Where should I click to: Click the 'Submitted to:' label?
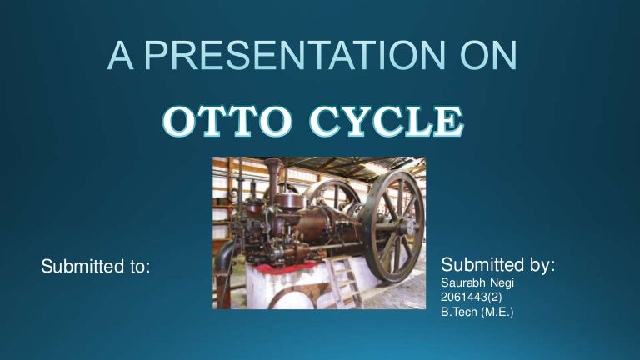pyautogui.click(x=96, y=267)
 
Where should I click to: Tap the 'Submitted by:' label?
pyautogui.click(x=497, y=265)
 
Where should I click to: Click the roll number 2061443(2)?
pyautogui.click(x=472, y=299)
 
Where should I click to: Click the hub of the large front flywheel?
pyautogui.click(x=389, y=224)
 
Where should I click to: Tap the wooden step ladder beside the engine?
pyautogui.click(x=345, y=283)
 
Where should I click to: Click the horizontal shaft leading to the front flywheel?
pyautogui.click(x=333, y=247)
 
